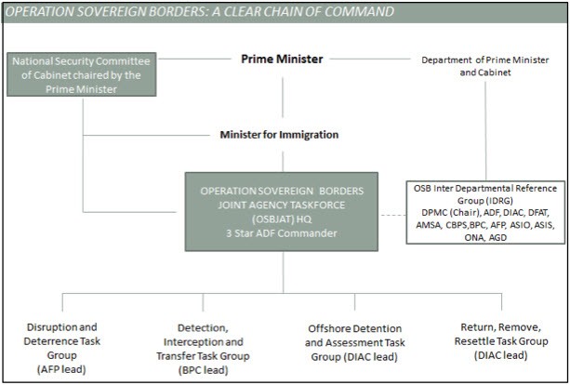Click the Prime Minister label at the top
281,59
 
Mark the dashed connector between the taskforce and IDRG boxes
391,217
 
